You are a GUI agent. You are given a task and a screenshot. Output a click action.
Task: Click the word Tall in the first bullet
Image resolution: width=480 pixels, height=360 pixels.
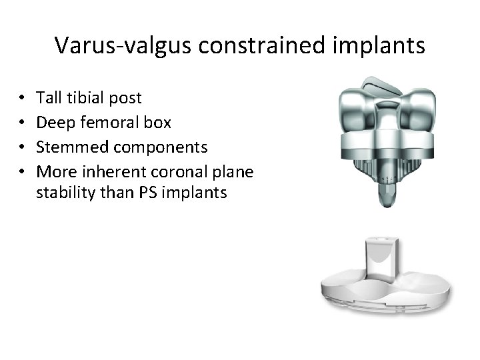(x=49, y=98)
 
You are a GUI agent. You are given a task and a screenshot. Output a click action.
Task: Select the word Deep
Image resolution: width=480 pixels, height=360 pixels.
(x=53, y=123)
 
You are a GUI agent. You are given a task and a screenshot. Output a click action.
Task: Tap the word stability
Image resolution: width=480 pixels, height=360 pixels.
(x=62, y=193)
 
